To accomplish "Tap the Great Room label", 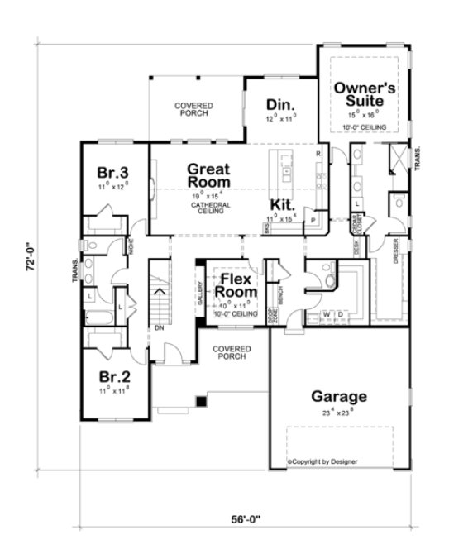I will (x=208, y=174).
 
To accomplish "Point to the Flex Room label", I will (x=236, y=285).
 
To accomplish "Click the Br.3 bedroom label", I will (x=112, y=173).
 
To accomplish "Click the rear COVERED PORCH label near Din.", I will (x=195, y=110).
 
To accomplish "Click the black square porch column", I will (x=199, y=401).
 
